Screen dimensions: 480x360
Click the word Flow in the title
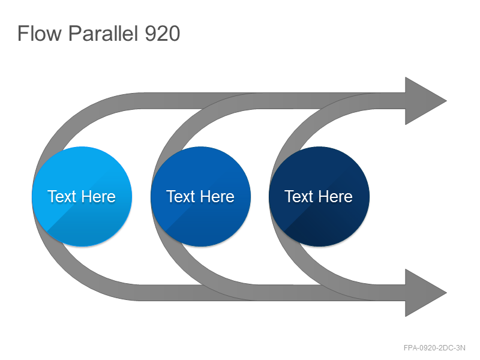(x=40, y=33)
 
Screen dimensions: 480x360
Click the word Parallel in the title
(x=103, y=33)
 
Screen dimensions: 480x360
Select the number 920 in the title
(x=162, y=33)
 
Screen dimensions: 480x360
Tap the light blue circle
(x=82, y=197)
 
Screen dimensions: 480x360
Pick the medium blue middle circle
(x=201, y=197)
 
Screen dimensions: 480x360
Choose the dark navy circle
(x=319, y=197)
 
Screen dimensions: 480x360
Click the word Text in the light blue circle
(x=62, y=197)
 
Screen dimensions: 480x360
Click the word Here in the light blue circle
(x=98, y=197)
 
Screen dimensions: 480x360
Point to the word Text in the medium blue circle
(x=181, y=197)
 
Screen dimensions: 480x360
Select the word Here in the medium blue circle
(x=217, y=197)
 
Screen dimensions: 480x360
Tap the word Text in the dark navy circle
(x=299, y=197)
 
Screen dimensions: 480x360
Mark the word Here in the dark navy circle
(x=335, y=197)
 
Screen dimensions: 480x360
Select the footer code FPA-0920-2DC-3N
(x=434, y=348)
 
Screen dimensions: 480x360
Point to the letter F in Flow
(x=23, y=33)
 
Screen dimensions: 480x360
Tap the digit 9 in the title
(x=151, y=33)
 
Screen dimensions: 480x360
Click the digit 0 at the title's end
(x=174, y=33)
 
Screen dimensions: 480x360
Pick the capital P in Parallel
(x=75, y=33)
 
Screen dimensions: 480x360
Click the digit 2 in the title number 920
(x=162, y=33)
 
